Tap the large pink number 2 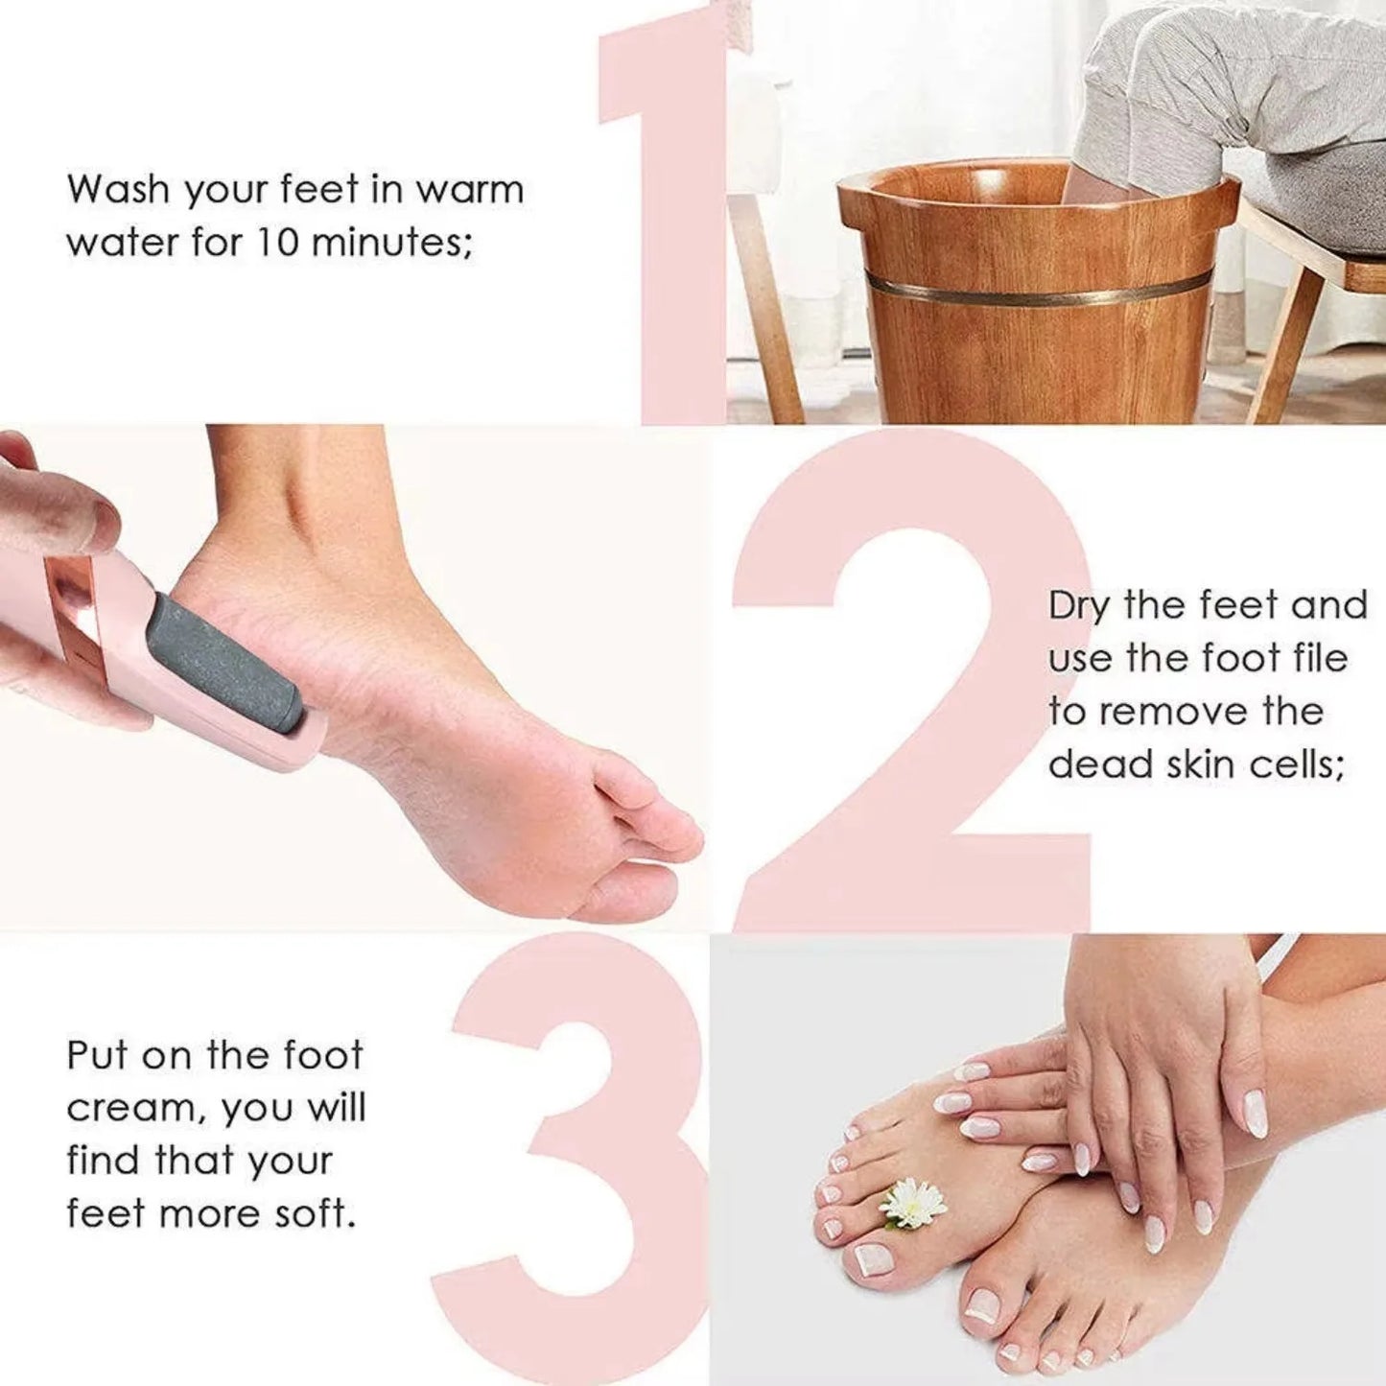(x=911, y=691)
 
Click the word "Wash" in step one (x=117, y=189)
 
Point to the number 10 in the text (x=277, y=242)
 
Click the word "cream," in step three (x=135, y=1109)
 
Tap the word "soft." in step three (x=316, y=1214)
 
